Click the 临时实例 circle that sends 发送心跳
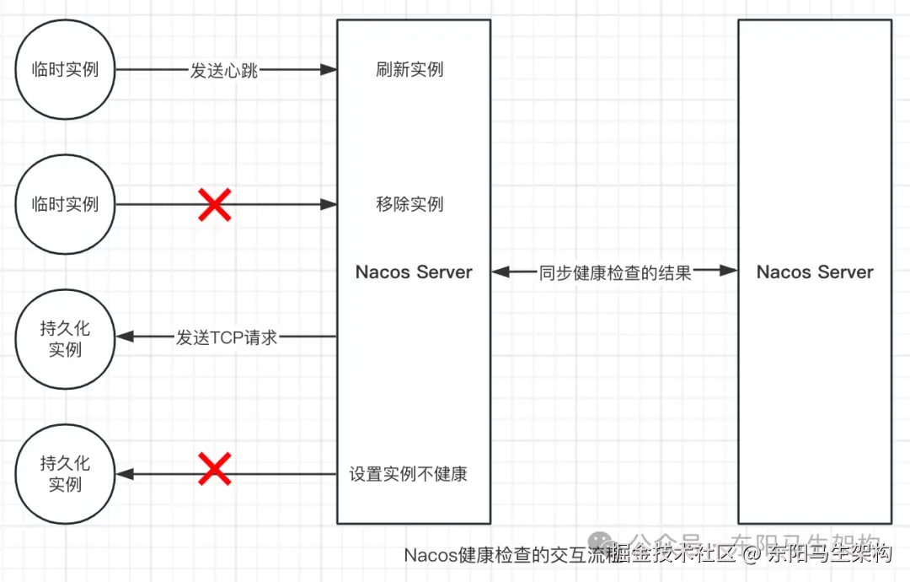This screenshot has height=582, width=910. pos(65,69)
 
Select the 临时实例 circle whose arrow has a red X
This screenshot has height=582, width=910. pos(65,204)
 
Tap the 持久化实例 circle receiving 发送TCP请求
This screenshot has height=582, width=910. pos(65,339)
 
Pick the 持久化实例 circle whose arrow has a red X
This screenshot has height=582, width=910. pos(65,474)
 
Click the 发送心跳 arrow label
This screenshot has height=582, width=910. pos(223,70)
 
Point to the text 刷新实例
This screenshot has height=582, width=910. pos(409,69)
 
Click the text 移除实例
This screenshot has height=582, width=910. pos(409,204)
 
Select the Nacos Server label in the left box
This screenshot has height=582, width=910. pos(414,272)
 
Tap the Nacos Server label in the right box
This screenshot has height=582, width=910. pos(815,272)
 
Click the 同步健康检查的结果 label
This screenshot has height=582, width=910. pos(615,272)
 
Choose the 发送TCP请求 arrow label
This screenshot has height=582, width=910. pos(227,337)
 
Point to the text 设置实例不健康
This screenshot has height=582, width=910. pos(409,474)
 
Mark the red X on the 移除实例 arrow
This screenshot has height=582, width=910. pos(215,204)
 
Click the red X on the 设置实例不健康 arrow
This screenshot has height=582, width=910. pos(215,469)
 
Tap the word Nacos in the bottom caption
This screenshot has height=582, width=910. pos(430,555)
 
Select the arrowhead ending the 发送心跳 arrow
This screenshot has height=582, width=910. pos(329,69)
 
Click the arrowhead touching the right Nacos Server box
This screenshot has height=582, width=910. pos(730,271)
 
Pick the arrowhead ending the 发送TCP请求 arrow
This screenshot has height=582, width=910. pos(125,337)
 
